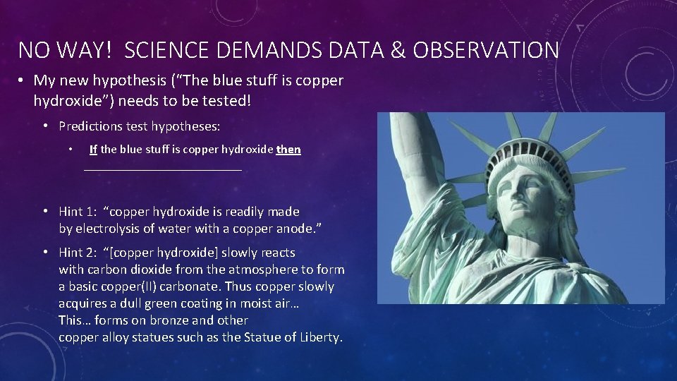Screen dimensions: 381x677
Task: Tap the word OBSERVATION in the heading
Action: pyautogui.click(x=486, y=50)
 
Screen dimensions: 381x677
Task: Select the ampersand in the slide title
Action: pyautogui.click(x=398, y=50)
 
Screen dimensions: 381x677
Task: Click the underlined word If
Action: pyautogui.click(x=93, y=150)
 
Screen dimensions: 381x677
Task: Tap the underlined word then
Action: pyautogui.click(x=288, y=150)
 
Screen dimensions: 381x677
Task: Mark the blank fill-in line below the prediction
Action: pyautogui.click(x=162, y=170)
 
